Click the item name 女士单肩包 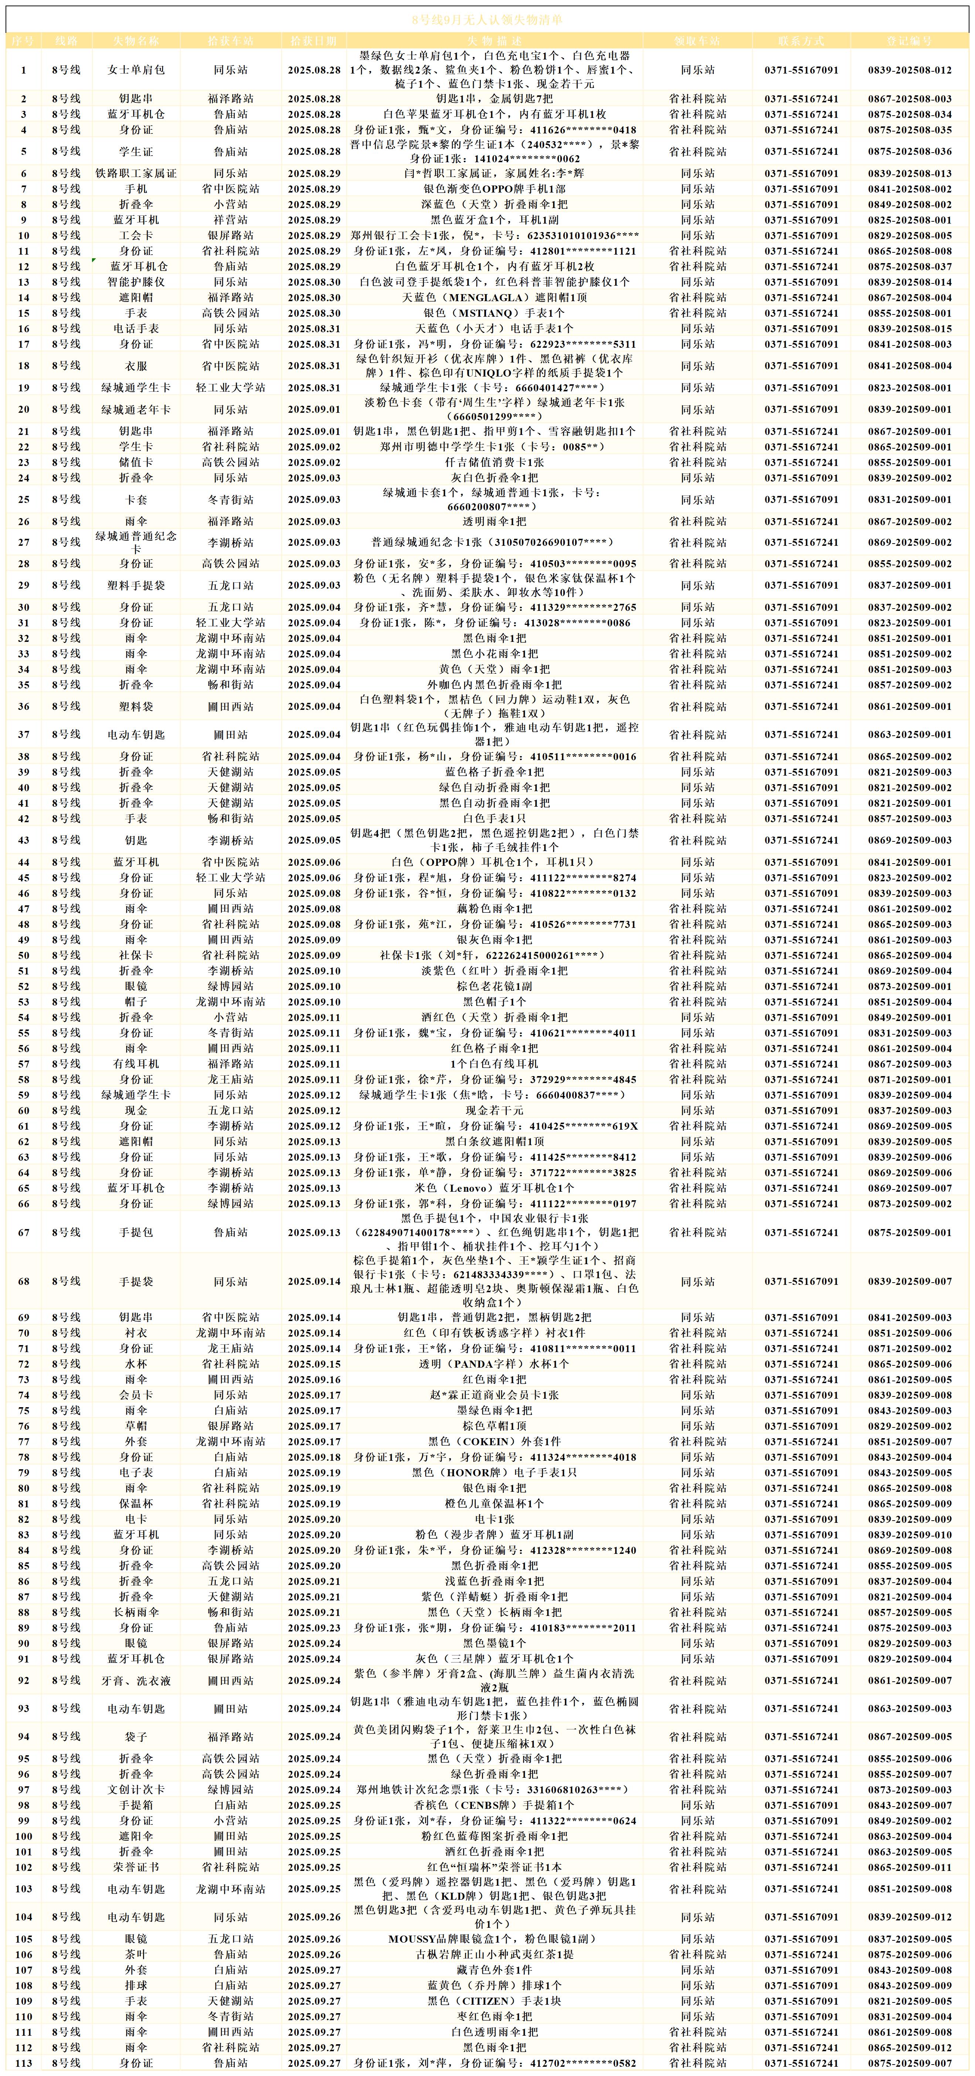click(x=136, y=70)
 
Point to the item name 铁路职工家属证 click(x=136, y=173)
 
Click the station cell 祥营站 click(x=231, y=220)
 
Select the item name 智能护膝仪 click(x=136, y=282)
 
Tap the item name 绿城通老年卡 click(x=136, y=409)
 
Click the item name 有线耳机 click(x=136, y=1064)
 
